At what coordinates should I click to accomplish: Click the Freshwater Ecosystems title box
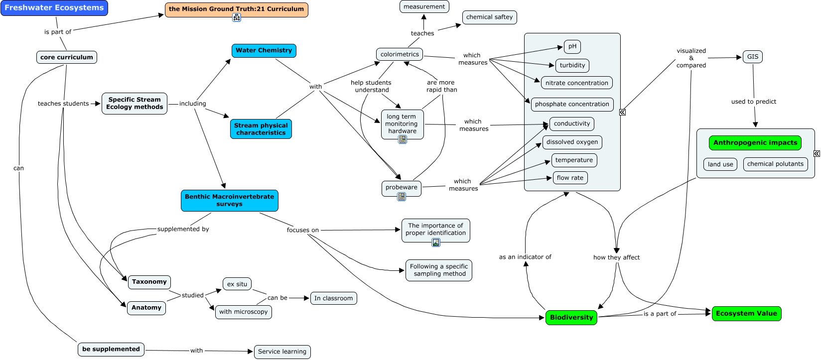click(x=54, y=8)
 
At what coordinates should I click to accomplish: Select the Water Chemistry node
click(x=264, y=50)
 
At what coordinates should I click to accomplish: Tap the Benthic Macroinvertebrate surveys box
click(x=229, y=200)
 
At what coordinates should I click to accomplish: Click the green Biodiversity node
click(x=571, y=317)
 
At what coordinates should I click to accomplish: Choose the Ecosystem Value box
click(x=746, y=313)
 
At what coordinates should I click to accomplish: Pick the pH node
click(x=572, y=46)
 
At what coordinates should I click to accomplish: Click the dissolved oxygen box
click(x=572, y=142)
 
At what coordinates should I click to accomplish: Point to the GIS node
click(x=752, y=57)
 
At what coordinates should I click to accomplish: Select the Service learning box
click(x=282, y=352)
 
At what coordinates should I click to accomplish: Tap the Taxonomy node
click(x=149, y=282)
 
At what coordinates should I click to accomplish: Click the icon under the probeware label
click(x=402, y=197)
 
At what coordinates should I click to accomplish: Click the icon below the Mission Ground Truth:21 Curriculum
click(x=237, y=17)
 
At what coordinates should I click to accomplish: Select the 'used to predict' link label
click(x=753, y=102)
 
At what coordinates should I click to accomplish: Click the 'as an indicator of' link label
click(x=525, y=257)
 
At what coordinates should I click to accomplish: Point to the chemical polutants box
click(x=775, y=164)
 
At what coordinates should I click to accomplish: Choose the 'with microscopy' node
click(x=243, y=312)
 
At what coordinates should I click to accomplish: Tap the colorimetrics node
click(x=400, y=54)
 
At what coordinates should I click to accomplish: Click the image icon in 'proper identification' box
click(x=436, y=242)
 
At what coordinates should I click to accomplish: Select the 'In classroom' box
click(x=333, y=298)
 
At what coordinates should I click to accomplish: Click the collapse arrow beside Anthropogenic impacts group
click(x=817, y=153)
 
